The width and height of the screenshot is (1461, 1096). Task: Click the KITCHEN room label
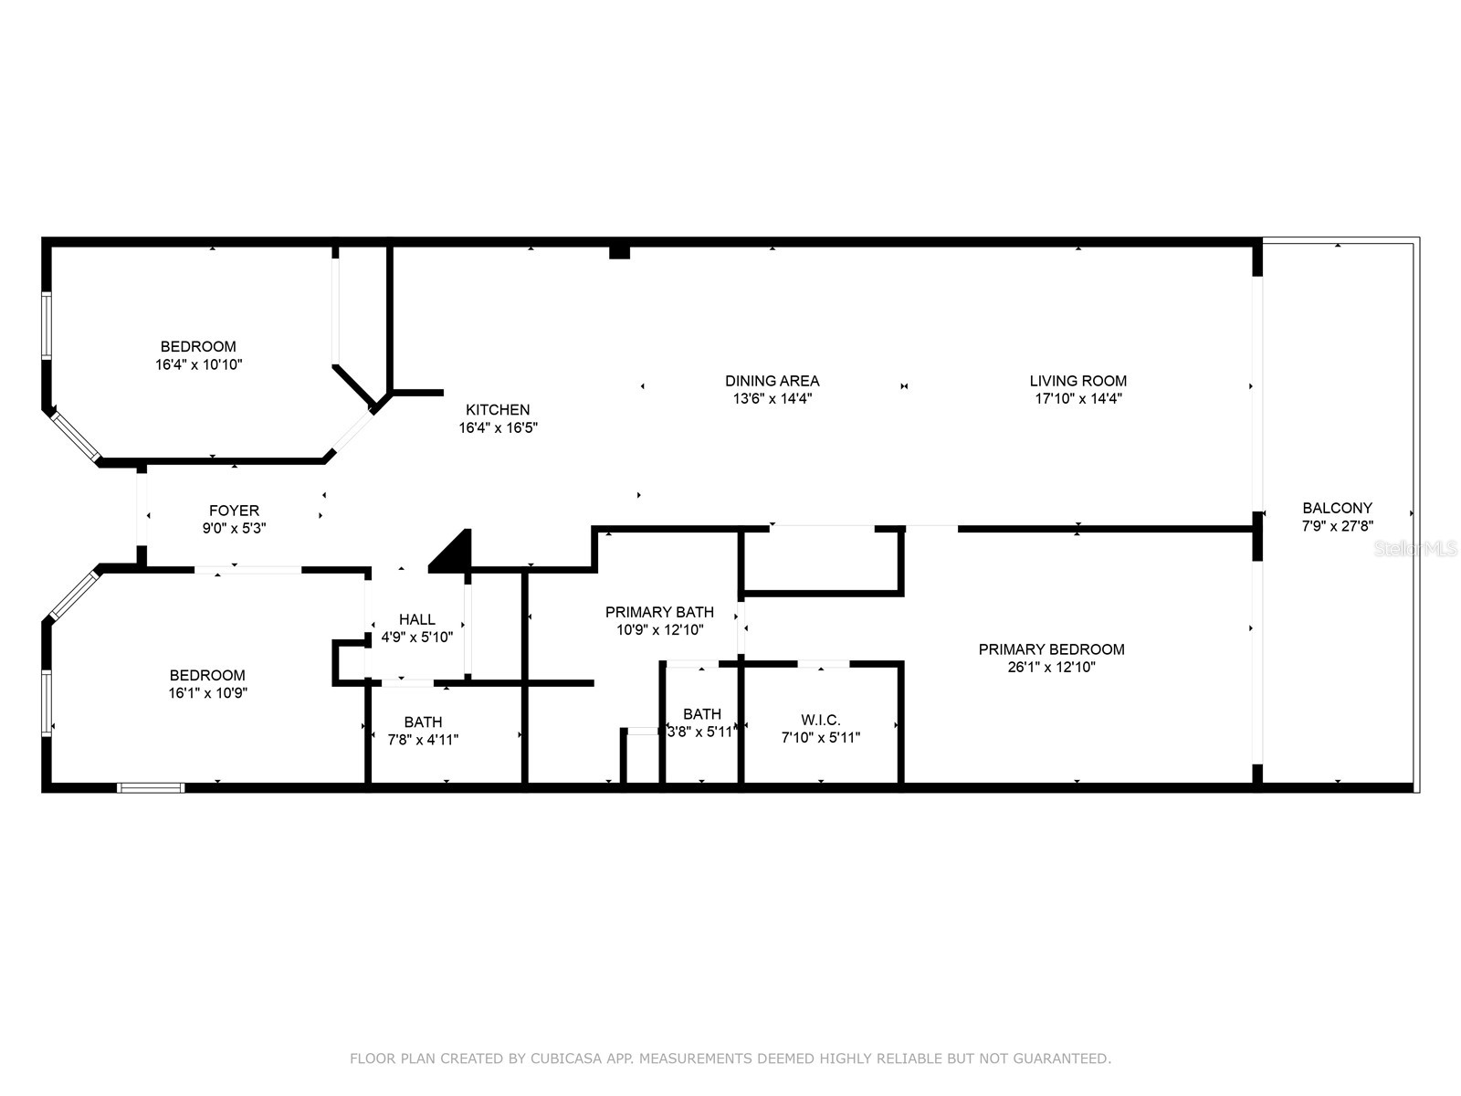click(498, 410)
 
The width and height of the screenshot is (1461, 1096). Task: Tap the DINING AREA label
click(772, 381)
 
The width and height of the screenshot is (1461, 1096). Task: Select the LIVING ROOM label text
click(1077, 381)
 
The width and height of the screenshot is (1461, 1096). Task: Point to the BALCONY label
click(1337, 508)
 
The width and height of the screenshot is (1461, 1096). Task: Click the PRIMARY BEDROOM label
click(1051, 649)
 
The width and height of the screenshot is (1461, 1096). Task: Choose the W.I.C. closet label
click(820, 720)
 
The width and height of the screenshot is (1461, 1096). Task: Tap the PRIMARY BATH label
click(659, 612)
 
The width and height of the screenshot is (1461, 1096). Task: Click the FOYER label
click(234, 511)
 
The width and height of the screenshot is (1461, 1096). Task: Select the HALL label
click(416, 619)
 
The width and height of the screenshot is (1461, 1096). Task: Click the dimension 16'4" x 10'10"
click(198, 364)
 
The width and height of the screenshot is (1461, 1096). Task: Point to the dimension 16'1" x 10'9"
click(207, 692)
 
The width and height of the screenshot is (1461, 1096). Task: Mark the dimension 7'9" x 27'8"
click(1337, 526)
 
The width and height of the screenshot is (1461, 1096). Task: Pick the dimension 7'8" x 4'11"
click(423, 740)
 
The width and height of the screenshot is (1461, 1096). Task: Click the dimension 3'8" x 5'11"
click(701, 732)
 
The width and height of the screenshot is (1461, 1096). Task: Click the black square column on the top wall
click(619, 251)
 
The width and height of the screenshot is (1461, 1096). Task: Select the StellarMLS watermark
click(1416, 548)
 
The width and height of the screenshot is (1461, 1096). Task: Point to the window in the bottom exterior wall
click(151, 787)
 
